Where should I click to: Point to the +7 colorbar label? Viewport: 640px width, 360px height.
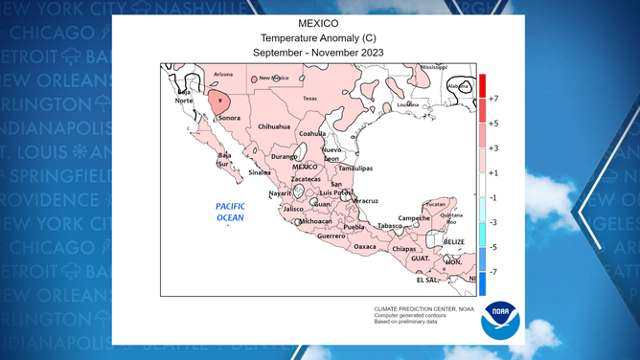coord(492,99)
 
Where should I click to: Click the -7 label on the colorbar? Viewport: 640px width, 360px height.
coord(492,273)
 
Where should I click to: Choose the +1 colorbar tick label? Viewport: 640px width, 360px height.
coord(492,173)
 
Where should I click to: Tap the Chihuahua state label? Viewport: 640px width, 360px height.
coord(274,126)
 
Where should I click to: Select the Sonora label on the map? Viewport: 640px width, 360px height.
coord(229,119)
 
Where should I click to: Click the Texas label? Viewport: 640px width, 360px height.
coord(309,99)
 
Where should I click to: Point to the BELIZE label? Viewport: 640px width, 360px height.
coord(454,242)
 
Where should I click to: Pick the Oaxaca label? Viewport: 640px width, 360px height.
coord(365,246)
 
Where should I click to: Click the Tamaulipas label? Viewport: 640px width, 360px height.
coord(357,168)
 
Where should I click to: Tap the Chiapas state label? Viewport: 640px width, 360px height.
coord(403,248)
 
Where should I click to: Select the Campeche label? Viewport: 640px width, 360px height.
coord(414,217)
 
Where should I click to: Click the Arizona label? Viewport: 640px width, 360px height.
coord(223,74)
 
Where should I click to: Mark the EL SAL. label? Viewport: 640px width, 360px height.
coord(427,281)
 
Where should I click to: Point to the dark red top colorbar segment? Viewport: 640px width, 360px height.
coord(483,83)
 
